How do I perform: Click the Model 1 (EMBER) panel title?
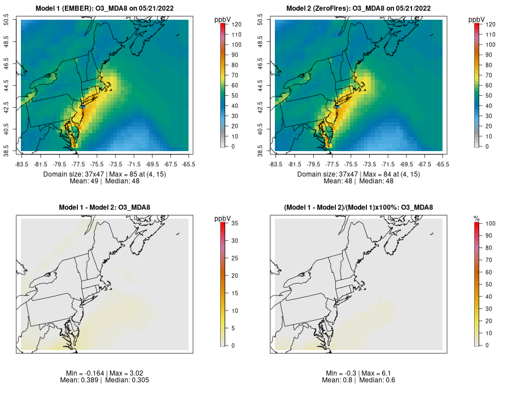(x=106, y=8)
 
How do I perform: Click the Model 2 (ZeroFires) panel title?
(x=360, y=8)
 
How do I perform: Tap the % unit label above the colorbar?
(x=476, y=218)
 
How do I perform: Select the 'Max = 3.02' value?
(x=134, y=374)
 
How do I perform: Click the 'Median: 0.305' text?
(x=126, y=381)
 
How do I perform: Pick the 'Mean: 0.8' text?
(x=338, y=381)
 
